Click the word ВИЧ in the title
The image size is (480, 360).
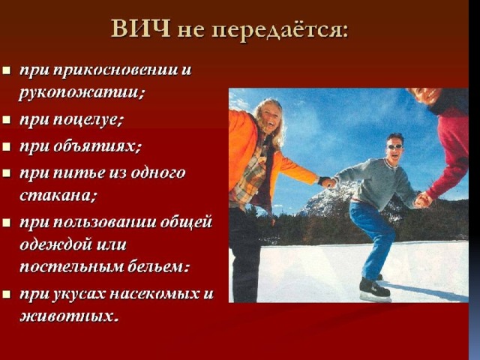click(x=140, y=29)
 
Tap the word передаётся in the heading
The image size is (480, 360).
click(x=280, y=30)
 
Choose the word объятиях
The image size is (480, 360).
click(x=97, y=146)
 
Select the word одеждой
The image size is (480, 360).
click(x=55, y=244)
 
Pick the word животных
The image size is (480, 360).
click(x=69, y=316)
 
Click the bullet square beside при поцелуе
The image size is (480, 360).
click(x=7, y=119)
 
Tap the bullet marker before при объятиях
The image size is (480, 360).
click(x=7, y=146)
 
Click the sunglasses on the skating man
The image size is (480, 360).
click(x=395, y=146)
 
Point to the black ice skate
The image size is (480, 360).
click(x=375, y=290)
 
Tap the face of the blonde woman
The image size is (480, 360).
click(x=269, y=116)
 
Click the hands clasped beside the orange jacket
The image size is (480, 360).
click(x=328, y=182)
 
